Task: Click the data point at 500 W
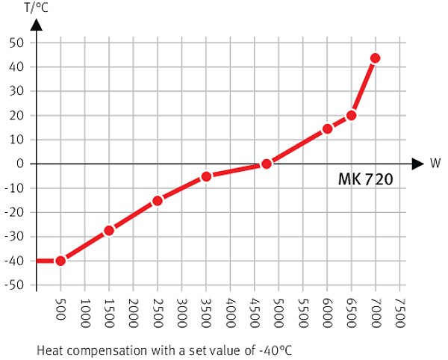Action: click(60, 261)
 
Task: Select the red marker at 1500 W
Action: click(109, 230)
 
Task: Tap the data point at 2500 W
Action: click(158, 200)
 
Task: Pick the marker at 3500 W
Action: click(206, 176)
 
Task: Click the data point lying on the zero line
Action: click(267, 164)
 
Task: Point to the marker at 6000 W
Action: click(327, 128)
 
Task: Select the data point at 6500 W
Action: click(351, 115)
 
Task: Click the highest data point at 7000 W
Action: click(376, 58)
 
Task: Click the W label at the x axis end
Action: click(435, 164)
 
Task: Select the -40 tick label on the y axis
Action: click(16, 261)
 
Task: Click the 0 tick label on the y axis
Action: click(22, 164)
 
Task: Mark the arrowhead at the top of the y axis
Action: click(37, 24)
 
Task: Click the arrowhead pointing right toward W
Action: click(417, 164)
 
